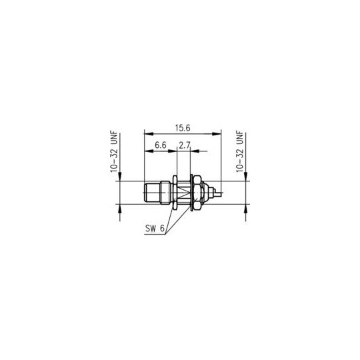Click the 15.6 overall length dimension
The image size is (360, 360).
(x=183, y=128)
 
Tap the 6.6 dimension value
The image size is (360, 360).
(x=161, y=145)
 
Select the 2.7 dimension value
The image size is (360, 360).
(x=185, y=145)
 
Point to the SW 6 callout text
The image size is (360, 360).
(x=155, y=229)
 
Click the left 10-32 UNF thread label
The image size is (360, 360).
(x=114, y=151)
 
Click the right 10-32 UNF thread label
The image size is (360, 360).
(x=240, y=151)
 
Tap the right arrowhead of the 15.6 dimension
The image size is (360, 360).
(x=217, y=133)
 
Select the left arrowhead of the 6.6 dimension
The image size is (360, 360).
(x=149, y=151)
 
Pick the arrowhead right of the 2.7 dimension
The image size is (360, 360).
(x=195, y=151)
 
